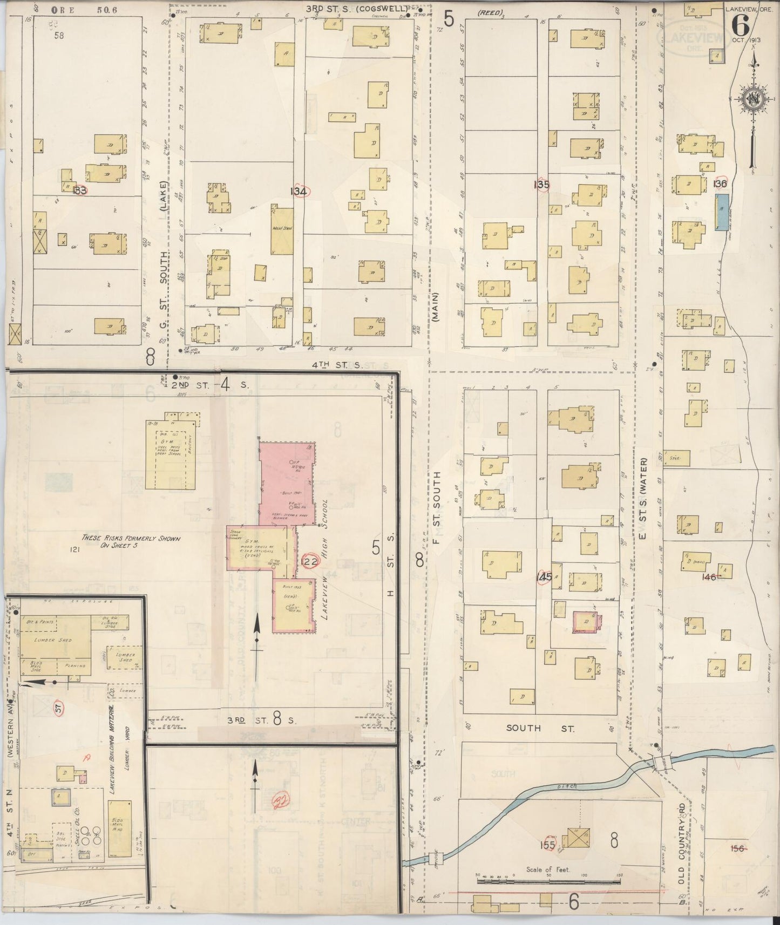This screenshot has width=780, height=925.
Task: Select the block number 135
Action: pyautogui.click(x=541, y=185)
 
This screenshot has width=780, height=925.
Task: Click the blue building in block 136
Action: pyautogui.click(x=721, y=213)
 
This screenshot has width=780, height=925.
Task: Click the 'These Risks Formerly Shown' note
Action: pyautogui.click(x=131, y=542)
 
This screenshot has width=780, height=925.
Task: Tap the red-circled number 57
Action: pyautogui.click(x=58, y=707)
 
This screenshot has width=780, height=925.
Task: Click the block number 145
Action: pyautogui.click(x=544, y=578)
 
